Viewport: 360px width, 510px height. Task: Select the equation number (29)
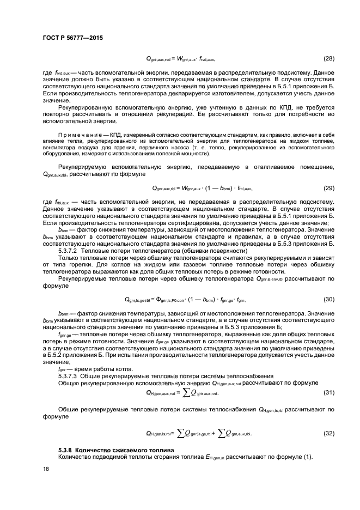click(x=329, y=188)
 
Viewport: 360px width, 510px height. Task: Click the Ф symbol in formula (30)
click(x=160, y=299)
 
